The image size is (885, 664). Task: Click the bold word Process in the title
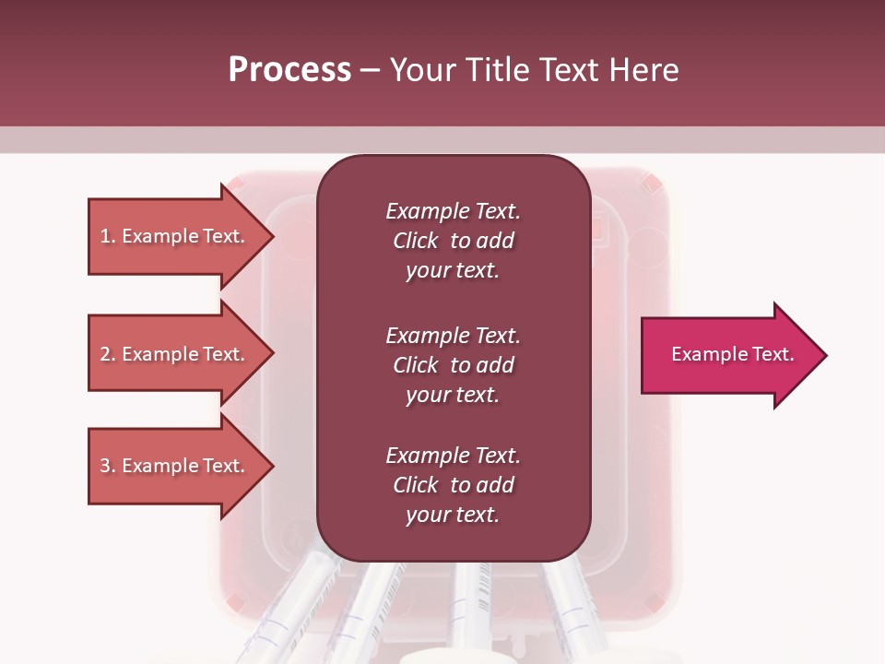coord(289,70)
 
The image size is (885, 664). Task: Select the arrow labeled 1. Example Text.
coord(175,236)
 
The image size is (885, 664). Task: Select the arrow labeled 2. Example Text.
coord(175,354)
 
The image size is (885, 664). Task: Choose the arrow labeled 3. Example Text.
coord(175,466)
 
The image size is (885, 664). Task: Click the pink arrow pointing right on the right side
coord(728,355)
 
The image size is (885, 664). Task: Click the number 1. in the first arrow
coord(108,236)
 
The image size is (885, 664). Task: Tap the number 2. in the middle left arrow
coord(108,354)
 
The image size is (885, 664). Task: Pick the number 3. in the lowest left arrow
coord(108,466)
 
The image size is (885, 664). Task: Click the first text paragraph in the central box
coord(453,241)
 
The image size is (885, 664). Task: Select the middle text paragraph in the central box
coord(453,365)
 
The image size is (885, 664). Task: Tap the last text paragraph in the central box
coord(453,485)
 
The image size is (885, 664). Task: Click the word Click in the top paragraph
coord(415,241)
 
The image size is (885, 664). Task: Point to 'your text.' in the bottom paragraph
coord(453,515)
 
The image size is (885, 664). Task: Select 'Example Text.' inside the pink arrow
coord(732,354)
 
